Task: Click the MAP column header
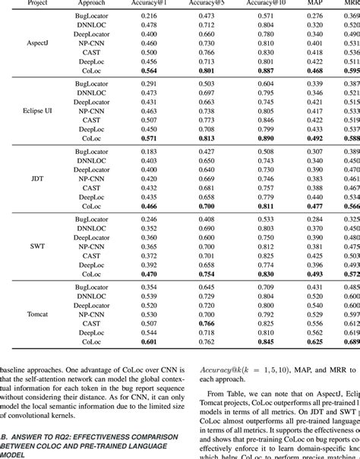314,3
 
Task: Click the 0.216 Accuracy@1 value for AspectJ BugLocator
150,16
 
